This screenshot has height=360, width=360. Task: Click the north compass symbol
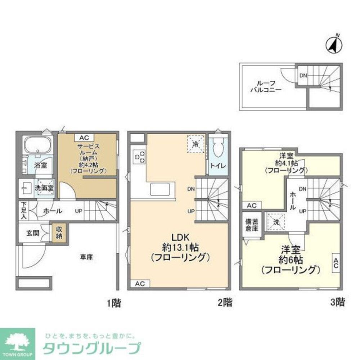[x=333, y=45]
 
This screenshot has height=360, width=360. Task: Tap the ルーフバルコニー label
[x=266, y=86]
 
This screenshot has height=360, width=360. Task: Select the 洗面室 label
[x=44, y=188]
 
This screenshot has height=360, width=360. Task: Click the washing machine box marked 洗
[x=276, y=222]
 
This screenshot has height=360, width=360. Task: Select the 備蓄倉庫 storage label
[x=252, y=225]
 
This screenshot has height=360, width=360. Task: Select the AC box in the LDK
[x=140, y=284]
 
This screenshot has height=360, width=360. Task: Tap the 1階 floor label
[x=114, y=303]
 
